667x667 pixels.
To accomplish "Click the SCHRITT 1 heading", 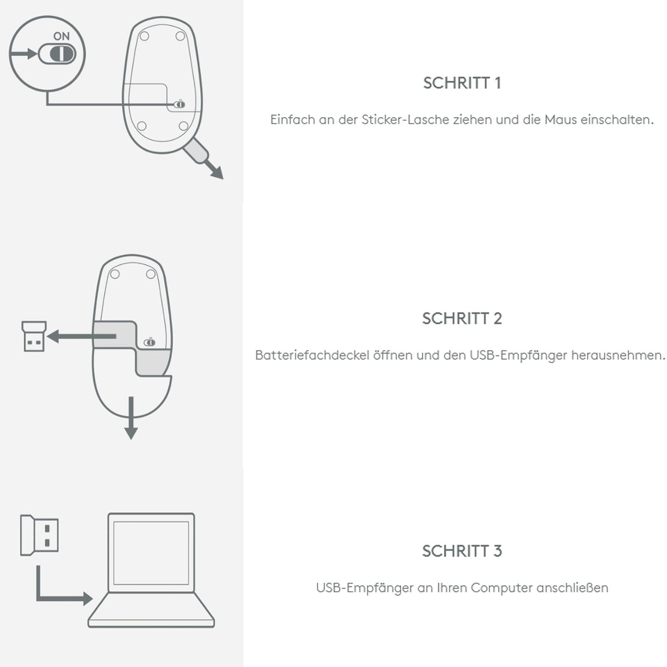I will click(x=462, y=83).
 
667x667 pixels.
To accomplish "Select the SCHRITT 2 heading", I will click(x=462, y=318).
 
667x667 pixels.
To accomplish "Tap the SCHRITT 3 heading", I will click(x=462, y=551).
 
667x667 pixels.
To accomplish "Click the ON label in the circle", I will click(x=62, y=36).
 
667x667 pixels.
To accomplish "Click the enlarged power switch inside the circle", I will click(x=57, y=54).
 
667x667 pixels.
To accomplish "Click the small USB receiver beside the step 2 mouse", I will click(x=34, y=336).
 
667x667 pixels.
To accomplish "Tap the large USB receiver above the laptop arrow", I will click(x=40, y=535).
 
